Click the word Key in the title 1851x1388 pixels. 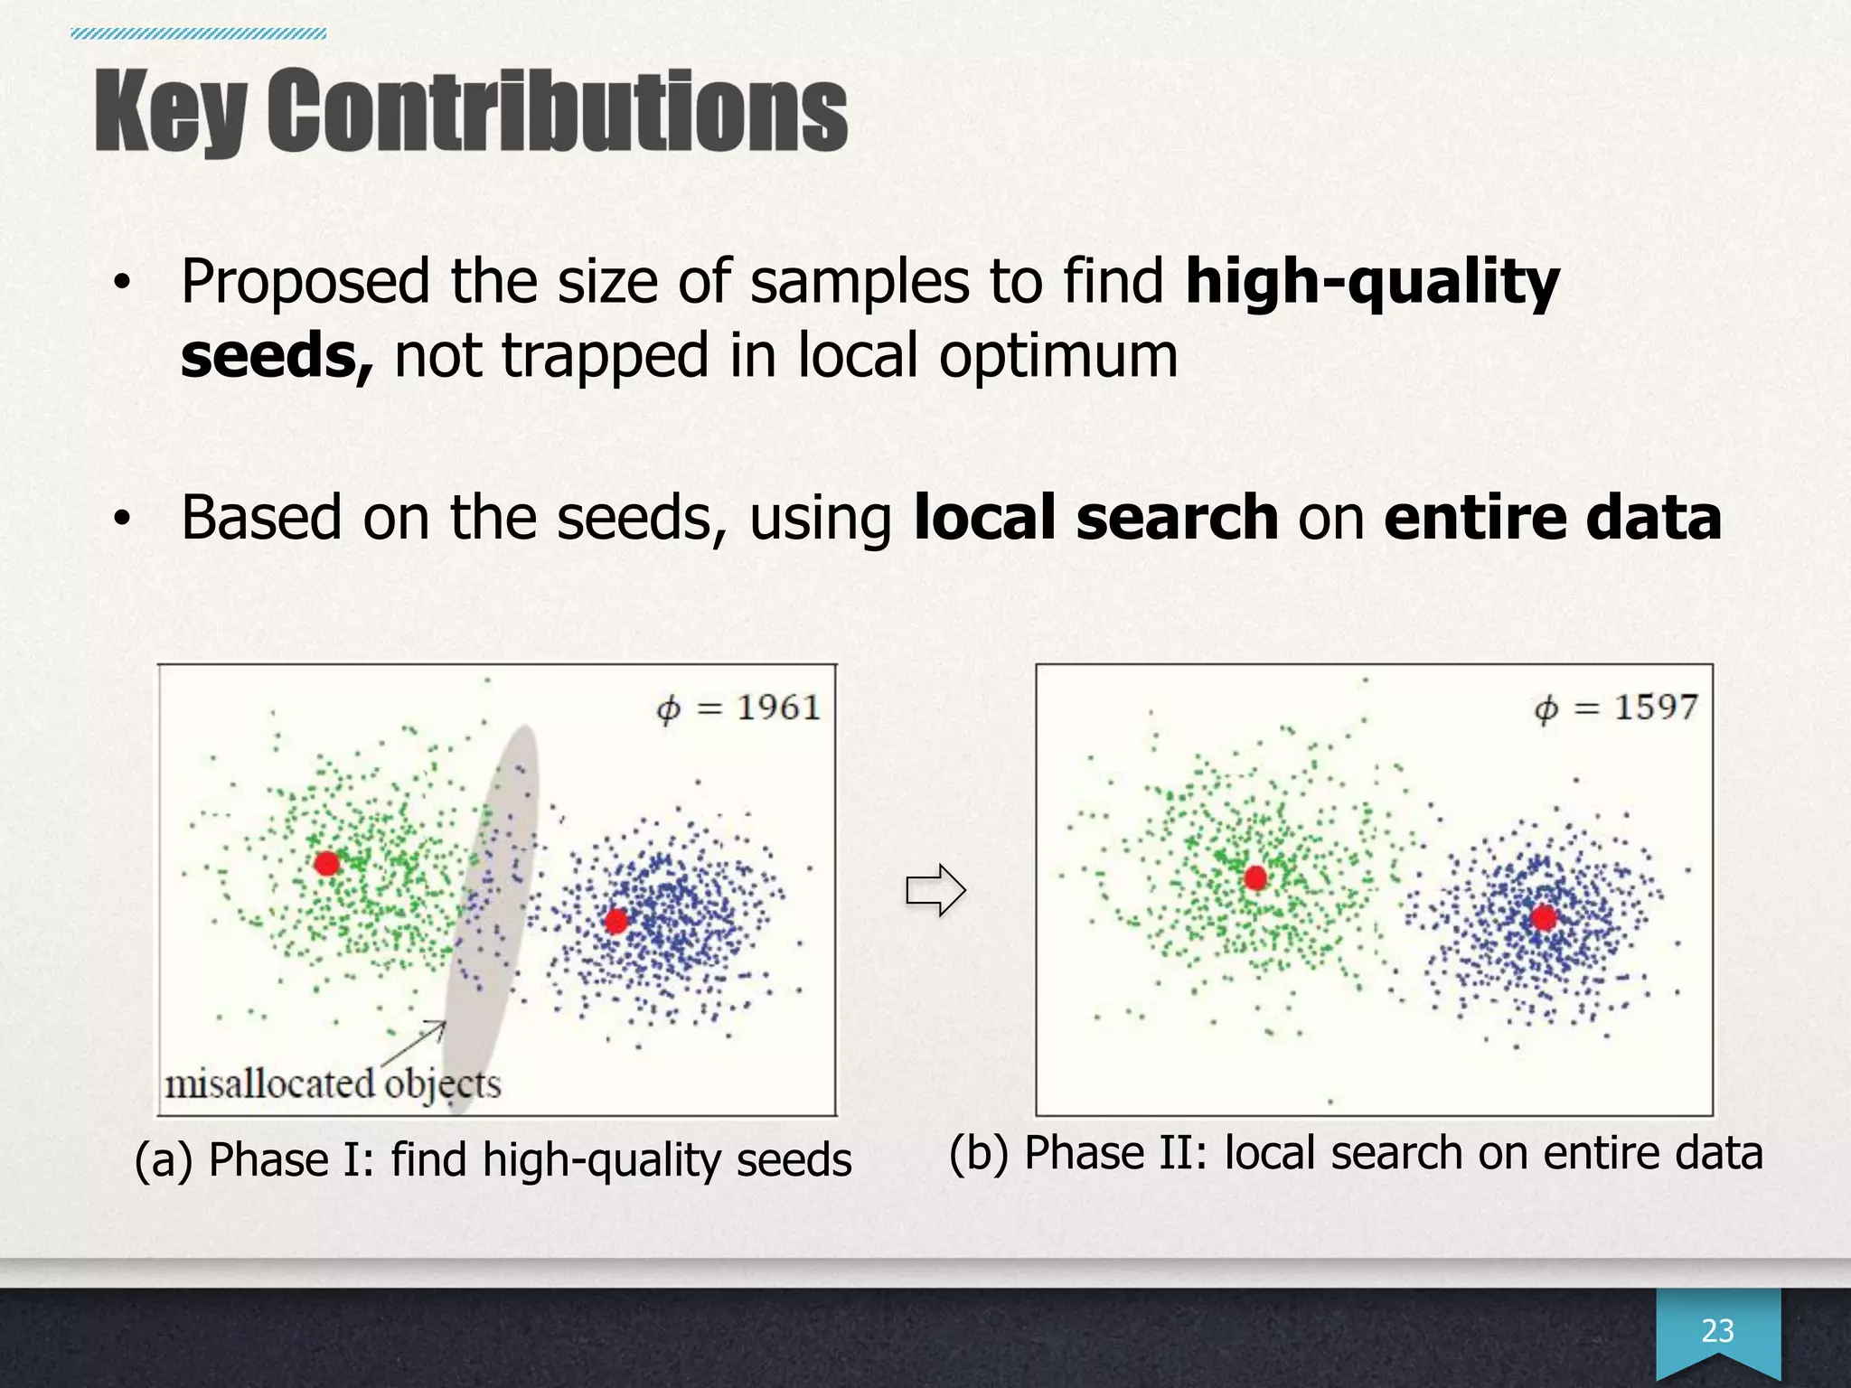(x=170, y=113)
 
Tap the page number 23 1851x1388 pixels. (x=1717, y=1330)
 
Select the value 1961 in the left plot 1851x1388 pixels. (x=778, y=707)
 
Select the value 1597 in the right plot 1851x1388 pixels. (x=1656, y=707)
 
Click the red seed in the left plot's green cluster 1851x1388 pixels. (x=326, y=863)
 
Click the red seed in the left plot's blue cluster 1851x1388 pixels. (x=616, y=921)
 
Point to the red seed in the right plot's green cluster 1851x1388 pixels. (x=1254, y=877)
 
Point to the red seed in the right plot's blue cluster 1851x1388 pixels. (x=1544, y=918)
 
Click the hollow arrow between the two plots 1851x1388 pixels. (x=935, y=890)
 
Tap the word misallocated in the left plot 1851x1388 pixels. (x=269, y=1083)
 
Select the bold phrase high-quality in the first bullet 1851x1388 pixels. (x=1372, y=282)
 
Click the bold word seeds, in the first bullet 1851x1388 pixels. (x=277, y=355)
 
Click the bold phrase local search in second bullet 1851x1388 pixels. (x=1095, y=518)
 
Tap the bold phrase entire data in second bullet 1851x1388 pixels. (x=1552, y=518)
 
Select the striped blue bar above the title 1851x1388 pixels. (x=198, y=34)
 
